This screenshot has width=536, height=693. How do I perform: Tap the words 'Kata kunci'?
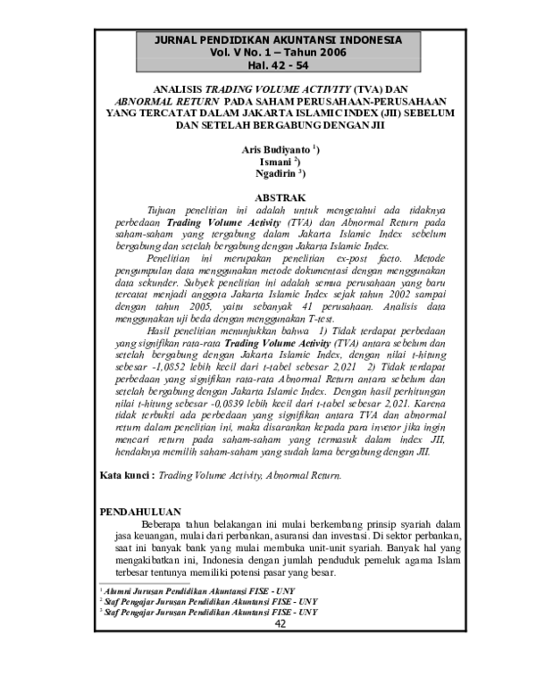point(124,477)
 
